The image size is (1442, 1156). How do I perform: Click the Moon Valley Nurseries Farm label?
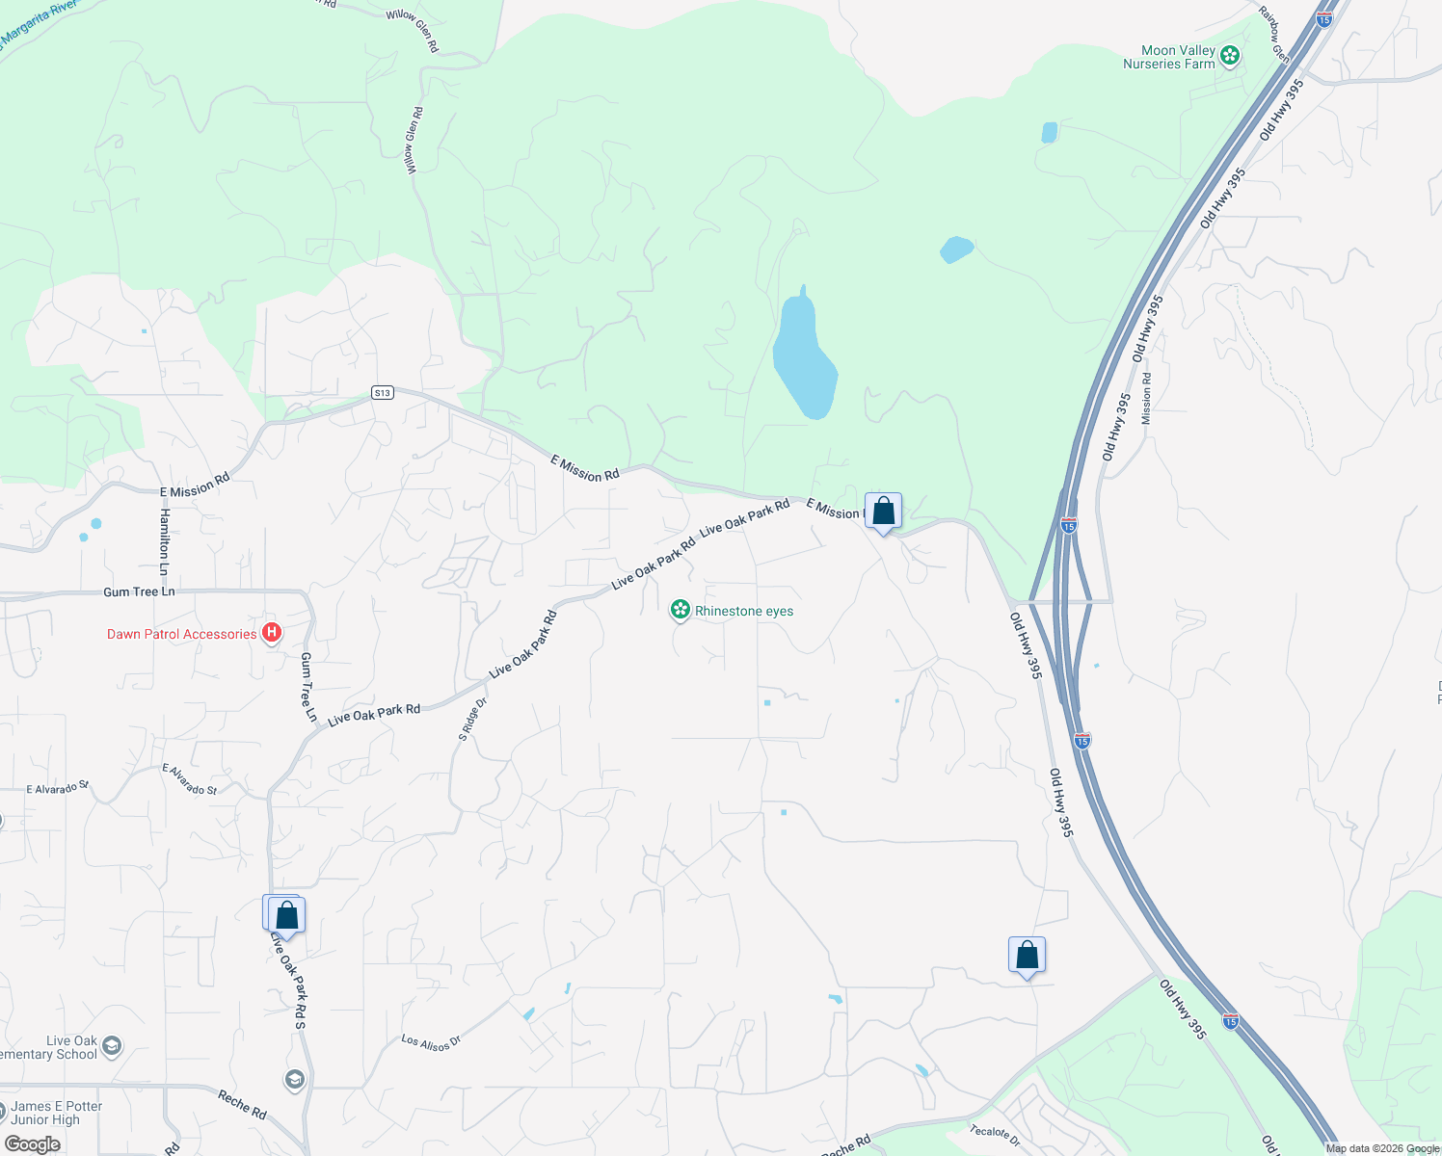pos(1168,57)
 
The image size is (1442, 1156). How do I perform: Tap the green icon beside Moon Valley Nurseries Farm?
pos(1229,56)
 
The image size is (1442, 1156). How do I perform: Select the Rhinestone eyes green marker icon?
pos(681,610)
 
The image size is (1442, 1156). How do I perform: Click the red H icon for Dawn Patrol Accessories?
pos(272,633)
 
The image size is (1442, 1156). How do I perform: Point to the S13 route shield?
pos(383,392)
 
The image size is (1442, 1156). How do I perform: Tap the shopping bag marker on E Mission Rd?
pos(883,512)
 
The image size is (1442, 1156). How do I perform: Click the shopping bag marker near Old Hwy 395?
pos(1027,956)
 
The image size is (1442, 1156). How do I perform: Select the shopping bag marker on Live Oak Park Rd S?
pos(286,915)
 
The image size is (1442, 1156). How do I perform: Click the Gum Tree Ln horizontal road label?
pos(139,591)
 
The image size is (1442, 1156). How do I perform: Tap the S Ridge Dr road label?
pos(472,719)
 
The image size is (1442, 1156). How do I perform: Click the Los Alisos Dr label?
pos(431,1042)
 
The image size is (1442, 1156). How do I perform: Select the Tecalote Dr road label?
pos(994,1134)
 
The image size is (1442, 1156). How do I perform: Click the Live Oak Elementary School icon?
pos(112,1046)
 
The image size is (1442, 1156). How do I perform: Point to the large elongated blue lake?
pos(804,356)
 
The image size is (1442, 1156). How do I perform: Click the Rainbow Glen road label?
pos(1273,38)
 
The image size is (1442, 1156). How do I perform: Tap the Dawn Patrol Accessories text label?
pos(181,634)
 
